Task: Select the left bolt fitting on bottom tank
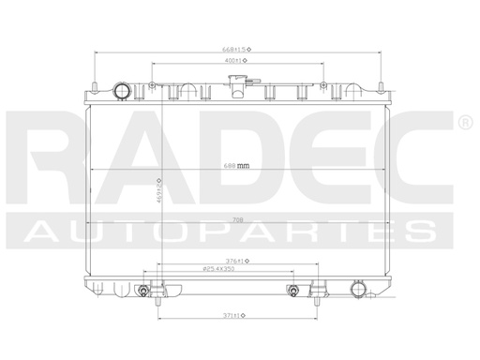tap(142, 290)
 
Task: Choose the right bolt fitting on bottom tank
tap(293, 290)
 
